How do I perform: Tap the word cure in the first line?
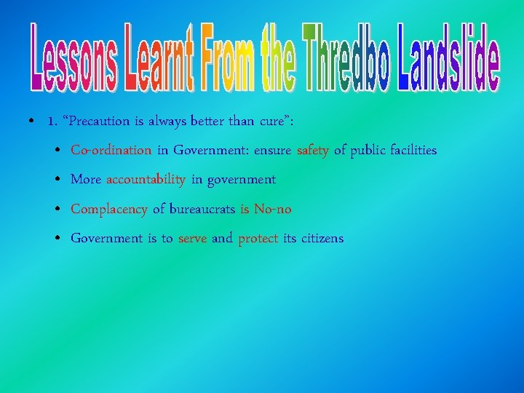pyautogui.click(x=274, y=122)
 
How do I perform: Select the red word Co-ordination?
pyautogui.click(x=111, y=151)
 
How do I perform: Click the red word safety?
pyautogui.click(x=313, y=151)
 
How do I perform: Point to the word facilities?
pyautogui.click(x=411, y=151)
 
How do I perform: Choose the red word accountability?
pyautogui.click(x=146, y=180)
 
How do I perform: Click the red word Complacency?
pyautogui.click(x=108, y=210)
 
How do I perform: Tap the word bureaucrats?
pyautogui.click(x=202, y=209)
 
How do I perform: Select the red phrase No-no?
pyautogui.click(x=272, y=209)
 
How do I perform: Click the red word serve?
pyautogui.click(x=192, y=239)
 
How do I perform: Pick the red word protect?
pyautogui.click(x=258, y=239)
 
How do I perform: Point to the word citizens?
pyautogui.click(x=322, y=238)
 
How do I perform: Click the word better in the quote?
pyautogui.click(x=205, y=122)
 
